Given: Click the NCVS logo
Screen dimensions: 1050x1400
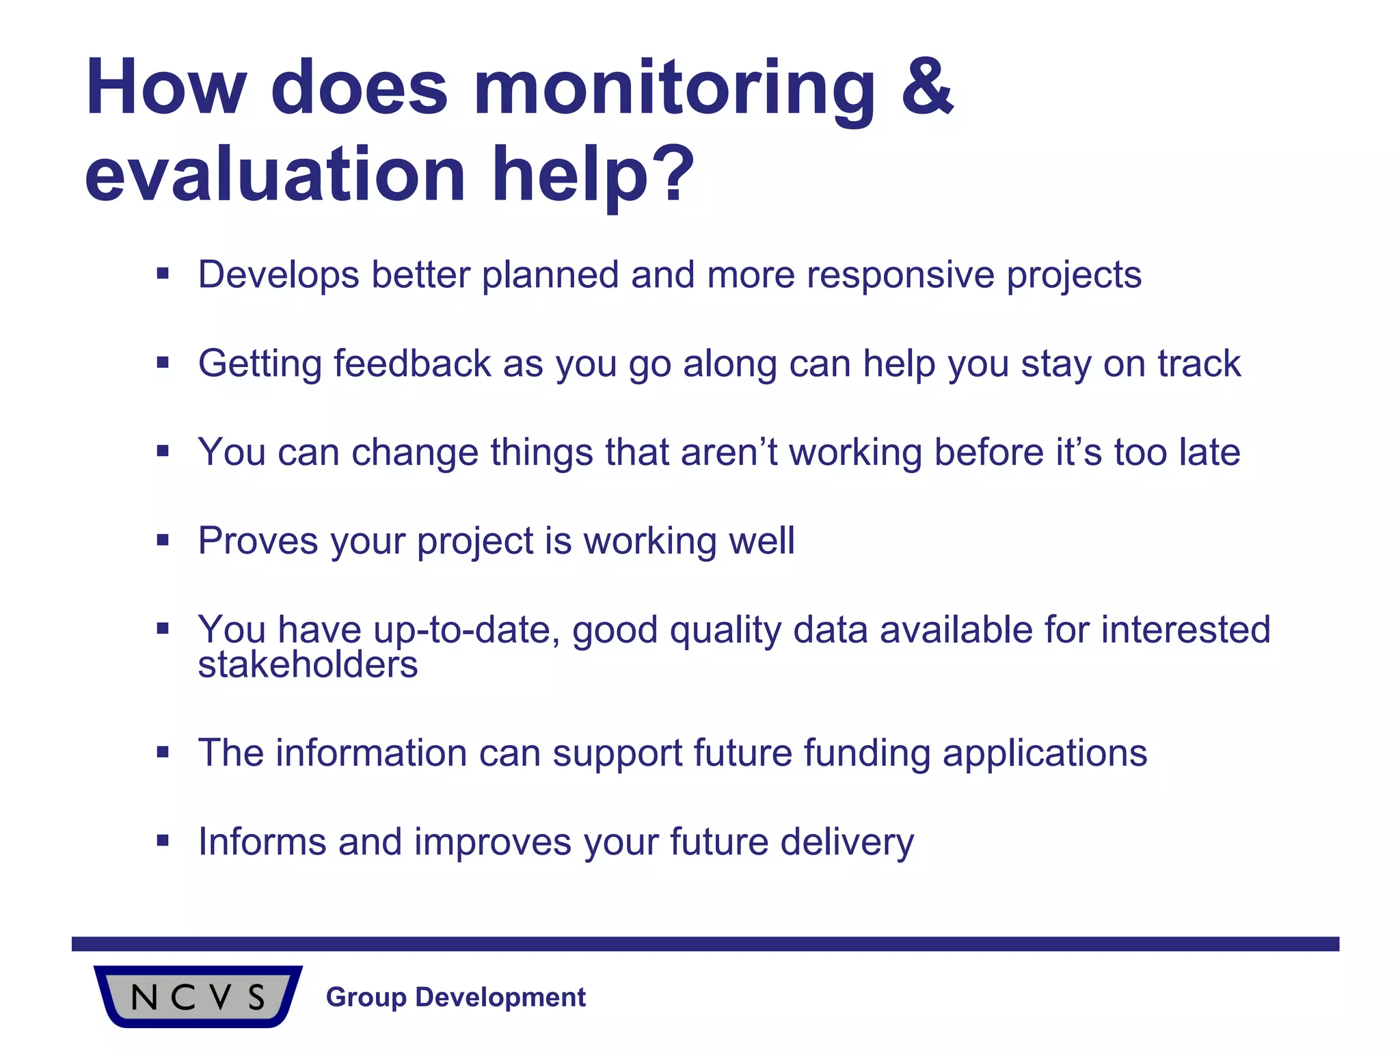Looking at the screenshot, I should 198,997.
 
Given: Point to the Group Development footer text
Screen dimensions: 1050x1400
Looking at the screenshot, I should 456,997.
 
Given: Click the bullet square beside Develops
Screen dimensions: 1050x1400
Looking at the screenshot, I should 163,274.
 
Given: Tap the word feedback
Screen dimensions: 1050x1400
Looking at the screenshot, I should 412,363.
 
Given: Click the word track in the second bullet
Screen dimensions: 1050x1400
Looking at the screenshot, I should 1199,363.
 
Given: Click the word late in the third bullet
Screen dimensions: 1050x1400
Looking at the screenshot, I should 1210,452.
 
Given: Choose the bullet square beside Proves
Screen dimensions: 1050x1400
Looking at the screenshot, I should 163,541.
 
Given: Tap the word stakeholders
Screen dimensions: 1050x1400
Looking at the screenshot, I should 308,664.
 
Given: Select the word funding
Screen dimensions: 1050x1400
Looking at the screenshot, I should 867,753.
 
